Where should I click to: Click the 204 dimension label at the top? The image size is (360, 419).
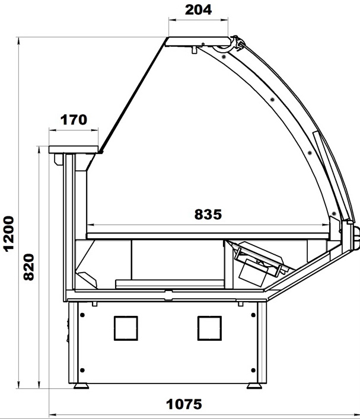198,9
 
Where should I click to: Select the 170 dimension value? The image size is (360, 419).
74,120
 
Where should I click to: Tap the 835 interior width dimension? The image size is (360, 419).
208,215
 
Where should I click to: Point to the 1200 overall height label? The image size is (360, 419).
8,234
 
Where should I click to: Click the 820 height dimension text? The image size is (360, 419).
28,267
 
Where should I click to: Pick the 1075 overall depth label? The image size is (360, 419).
184,404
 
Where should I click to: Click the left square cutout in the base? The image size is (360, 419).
126,328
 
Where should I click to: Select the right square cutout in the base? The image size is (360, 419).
209,328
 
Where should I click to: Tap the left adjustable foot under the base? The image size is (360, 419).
81,386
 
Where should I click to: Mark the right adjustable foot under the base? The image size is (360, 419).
254,386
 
